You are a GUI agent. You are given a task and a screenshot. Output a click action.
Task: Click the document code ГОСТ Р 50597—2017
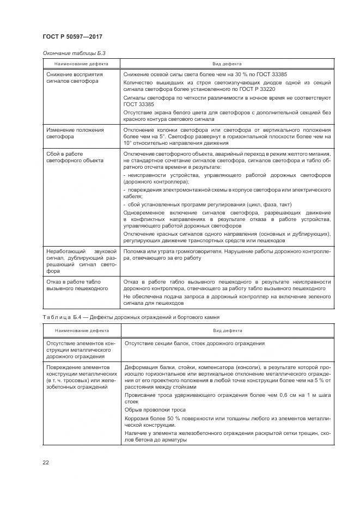72,36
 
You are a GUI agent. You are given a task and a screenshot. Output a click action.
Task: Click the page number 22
46,462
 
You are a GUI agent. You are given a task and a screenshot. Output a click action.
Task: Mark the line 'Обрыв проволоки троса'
155,409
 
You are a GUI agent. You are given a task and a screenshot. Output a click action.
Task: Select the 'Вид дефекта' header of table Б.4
227,330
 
